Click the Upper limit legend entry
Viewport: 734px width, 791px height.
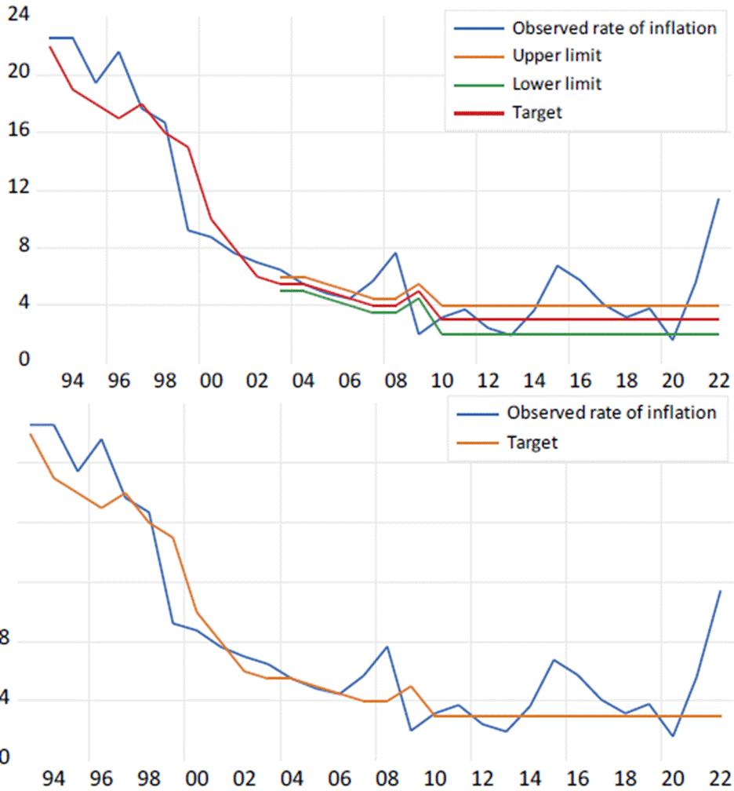point(557,56)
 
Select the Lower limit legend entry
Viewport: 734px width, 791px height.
point(557,84)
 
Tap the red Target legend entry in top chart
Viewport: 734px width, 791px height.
point(536,112)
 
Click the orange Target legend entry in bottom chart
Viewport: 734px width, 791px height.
point(532,443)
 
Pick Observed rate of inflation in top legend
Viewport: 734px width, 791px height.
point(614,28)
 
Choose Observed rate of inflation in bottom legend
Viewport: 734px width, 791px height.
point(611,413)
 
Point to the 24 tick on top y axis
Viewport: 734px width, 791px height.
point(17,15)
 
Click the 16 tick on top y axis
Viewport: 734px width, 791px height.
point(17,131)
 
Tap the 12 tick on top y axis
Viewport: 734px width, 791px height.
point(17,189)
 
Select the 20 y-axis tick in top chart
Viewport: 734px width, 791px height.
point(17,73)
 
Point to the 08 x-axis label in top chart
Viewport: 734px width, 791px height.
point(397,381)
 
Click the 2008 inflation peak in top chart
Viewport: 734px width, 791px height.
point(395,253)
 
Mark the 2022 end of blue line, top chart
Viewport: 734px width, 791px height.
point(718,199)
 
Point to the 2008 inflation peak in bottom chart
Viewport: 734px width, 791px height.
point(387,647)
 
